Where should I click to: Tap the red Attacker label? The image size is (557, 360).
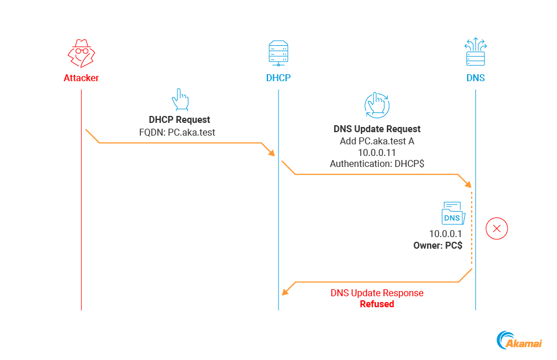click(81, 78)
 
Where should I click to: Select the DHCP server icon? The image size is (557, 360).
click(278, 53)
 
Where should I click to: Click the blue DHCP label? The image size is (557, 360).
click(278, 78)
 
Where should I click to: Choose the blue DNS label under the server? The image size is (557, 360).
click(475, 78)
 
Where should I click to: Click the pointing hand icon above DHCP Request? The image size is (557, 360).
click(180, 100)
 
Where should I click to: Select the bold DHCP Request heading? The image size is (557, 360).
click(179, 120)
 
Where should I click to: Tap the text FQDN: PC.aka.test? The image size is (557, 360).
click(179, 132)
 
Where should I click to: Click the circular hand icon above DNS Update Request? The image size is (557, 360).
click(377, 105)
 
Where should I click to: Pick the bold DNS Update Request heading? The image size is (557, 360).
click(377, 129)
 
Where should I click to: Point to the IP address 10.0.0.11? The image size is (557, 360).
click(377, 152)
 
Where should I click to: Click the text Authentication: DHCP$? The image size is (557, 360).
click(377, 164)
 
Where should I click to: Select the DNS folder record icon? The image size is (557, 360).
click(453, 214)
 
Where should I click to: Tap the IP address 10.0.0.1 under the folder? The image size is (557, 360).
click(445, 234)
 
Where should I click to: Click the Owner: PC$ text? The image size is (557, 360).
click(437, 245)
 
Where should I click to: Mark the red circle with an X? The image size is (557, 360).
click(497, 228)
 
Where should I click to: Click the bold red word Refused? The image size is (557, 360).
click(377, 304)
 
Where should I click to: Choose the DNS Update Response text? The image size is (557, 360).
click(377, 293)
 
